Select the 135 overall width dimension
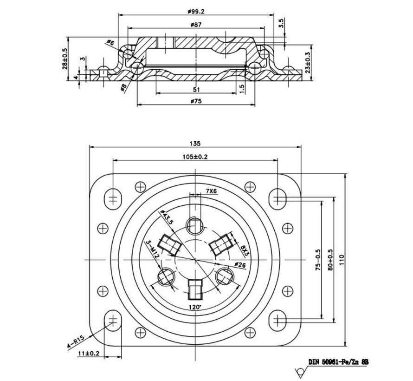point(194,143)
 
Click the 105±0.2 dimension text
point(194,157)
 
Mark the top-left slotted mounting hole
point(112,197)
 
